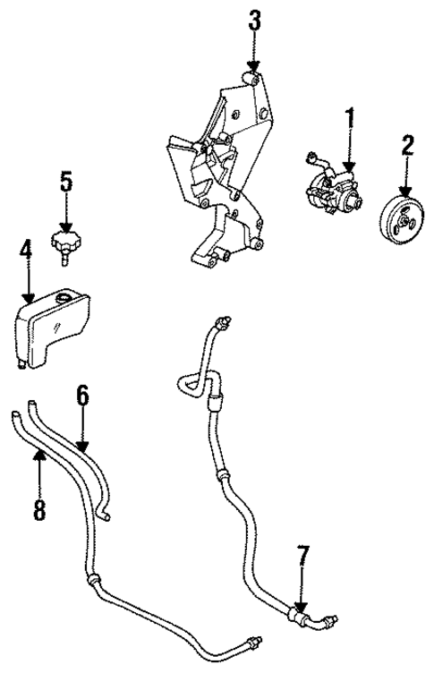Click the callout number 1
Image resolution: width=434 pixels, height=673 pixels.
[350, 118]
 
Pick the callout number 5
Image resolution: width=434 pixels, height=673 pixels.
[65, 183]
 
